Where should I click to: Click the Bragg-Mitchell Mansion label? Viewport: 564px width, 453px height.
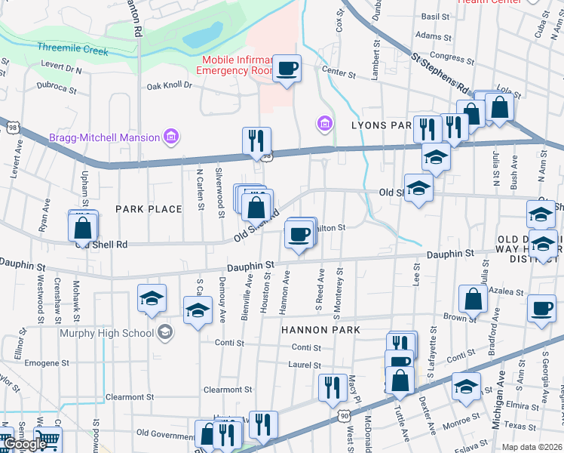pos(104,137)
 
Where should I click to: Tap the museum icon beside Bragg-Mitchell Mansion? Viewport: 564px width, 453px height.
pos(172,137)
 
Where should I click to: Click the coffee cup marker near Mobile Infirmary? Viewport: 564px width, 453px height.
pos(287,69)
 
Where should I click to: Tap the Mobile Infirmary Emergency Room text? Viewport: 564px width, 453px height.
pos(234,65)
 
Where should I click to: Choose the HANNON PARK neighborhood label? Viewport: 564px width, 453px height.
pos(320,330)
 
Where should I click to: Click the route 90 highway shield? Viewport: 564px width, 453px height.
pos(344,414)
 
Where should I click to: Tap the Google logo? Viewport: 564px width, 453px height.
pos(26,444)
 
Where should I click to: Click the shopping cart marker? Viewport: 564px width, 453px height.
pos(48,439)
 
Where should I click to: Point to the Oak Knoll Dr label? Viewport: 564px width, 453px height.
pos(170,85)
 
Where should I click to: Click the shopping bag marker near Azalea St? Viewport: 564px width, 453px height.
pos(472,300)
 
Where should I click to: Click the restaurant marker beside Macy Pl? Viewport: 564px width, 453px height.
pos(333,387)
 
